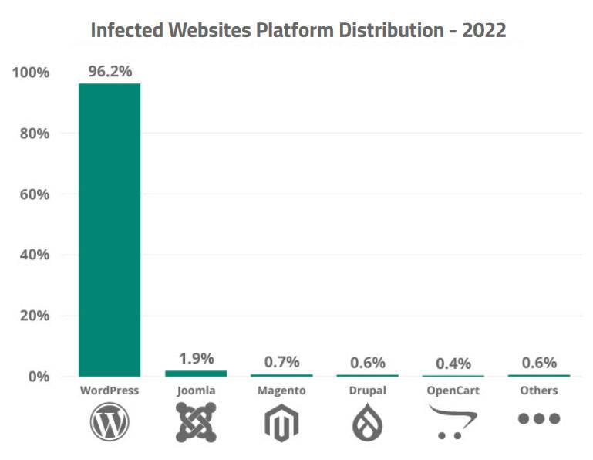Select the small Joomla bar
click(x=196, y=374)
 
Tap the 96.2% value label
click(x=110, y=71)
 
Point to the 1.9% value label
click(x=196, y=358)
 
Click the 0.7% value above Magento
click(x=281, y=361)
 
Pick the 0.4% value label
click(x=453, y=363)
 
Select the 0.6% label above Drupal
click(x=367, y=362)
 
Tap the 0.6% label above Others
click(x=538, y=362)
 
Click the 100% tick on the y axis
click(x=32, y=73)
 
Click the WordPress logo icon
click(x=110, y=422)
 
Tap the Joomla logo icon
click(x=196, y=422)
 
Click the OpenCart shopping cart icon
click(x=453, y=421)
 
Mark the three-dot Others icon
click(x=538, y=418)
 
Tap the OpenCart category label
click(x=453, y=391)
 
